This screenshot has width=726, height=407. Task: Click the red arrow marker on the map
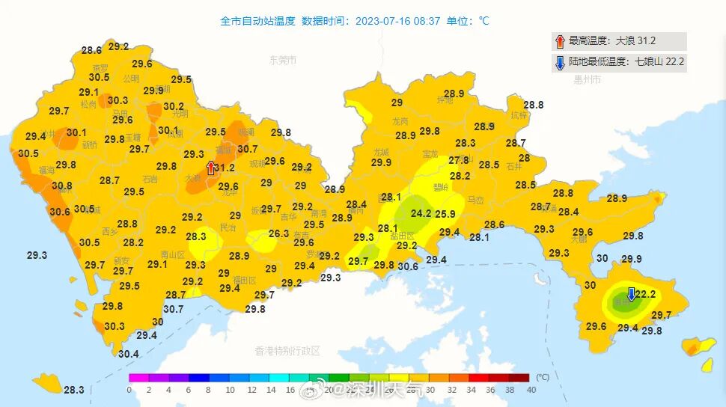click(211, 168)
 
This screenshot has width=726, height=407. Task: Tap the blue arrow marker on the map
click(631, 293)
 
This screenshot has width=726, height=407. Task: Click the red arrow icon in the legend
click(560, 41)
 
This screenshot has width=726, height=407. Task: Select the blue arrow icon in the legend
click(560, 63)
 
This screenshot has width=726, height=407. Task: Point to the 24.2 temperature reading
click(421, 213)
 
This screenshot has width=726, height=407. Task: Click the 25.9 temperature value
click(445, 214)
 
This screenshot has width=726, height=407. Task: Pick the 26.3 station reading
click(278, 233)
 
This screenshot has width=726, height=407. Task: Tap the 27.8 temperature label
click(459, 160)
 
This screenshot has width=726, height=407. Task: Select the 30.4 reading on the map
click(128, 354)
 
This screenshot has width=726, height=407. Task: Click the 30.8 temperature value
click(62, 186)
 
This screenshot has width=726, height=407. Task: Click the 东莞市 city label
click(283, 61)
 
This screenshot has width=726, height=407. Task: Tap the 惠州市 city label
click(587, 79)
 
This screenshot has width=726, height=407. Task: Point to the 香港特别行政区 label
click(287, 350)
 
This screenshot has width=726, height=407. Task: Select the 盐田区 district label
click(404, 236)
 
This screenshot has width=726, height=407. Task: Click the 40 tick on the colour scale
click(531, 390)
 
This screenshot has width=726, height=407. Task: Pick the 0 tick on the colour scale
click(129, 390)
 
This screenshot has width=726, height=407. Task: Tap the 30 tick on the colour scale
click(430, 390)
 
